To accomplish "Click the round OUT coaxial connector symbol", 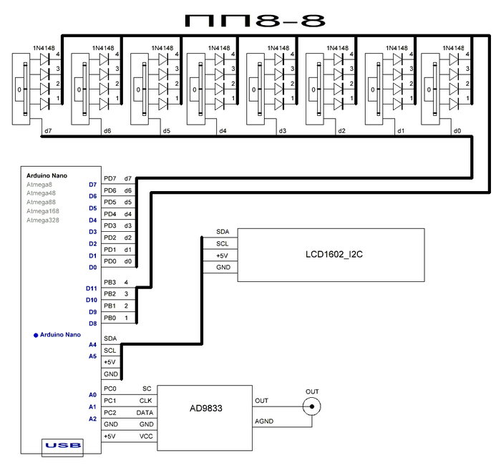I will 312,407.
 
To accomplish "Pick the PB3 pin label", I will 110,283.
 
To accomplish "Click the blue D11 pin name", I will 91,288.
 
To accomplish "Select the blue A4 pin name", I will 92,344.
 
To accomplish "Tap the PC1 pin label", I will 110,400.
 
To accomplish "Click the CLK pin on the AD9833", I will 146,400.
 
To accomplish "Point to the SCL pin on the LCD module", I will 222,243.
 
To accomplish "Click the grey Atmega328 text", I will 43,220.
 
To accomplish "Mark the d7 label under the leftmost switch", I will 48,131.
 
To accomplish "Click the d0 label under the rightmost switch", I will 457,131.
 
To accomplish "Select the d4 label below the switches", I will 223,131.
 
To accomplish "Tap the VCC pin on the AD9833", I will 146,436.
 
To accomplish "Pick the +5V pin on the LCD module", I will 222,255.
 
